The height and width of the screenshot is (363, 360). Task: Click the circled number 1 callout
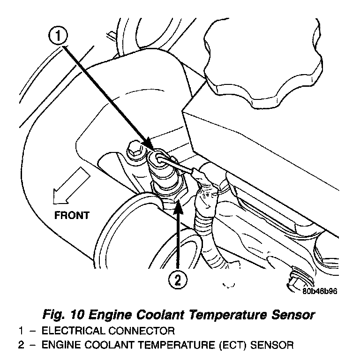59,36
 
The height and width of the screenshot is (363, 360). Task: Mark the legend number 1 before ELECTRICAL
21,331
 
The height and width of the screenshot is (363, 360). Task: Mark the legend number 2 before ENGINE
21,346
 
